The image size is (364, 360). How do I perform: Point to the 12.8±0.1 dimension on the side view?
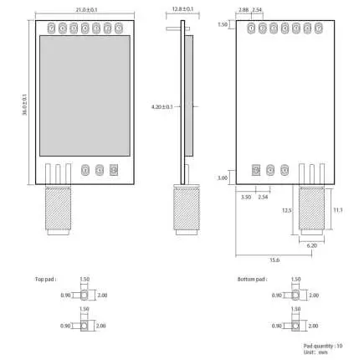point(182,8)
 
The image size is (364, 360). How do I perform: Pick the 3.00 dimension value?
point(223,178)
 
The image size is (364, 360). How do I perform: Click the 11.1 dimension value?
point(337,209)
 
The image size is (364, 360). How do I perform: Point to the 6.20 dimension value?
point(312,244)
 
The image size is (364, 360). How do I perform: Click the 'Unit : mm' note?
point(316,352)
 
